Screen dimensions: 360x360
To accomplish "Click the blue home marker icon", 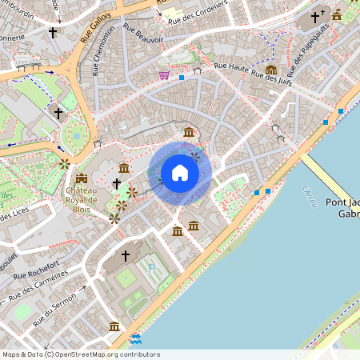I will (x=180, y=172).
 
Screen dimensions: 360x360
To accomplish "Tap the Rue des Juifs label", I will (x=270, y=78).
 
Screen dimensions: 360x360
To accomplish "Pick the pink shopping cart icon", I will (x=164, y=75).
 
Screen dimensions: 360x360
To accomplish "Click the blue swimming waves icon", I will (x=135, y=339).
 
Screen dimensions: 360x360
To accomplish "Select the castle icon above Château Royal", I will (x=82, y=178).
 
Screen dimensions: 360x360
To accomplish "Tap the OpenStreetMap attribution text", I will (x=80, y=354).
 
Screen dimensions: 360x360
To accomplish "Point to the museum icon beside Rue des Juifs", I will (x=271, y=70).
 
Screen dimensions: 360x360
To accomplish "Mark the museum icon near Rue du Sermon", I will (x=114, y=326).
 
